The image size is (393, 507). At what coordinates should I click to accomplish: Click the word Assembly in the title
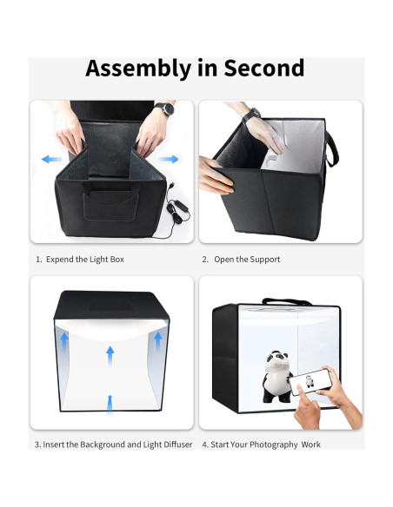138,69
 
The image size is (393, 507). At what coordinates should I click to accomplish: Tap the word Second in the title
263,68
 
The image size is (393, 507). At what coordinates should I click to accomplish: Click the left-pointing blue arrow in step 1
51,159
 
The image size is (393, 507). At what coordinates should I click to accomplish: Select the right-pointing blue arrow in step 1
169,159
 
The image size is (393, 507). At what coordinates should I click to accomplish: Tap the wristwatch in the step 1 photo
165,109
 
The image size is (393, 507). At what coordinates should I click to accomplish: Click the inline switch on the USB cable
180,206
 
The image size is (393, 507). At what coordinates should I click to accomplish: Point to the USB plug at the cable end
171,188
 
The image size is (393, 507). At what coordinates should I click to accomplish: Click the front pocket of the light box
111,204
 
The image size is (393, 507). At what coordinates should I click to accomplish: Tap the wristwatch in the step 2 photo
251,115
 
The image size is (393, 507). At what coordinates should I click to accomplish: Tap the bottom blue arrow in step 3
110,405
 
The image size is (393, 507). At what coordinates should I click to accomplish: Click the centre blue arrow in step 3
110,356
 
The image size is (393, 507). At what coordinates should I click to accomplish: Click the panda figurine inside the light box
277,377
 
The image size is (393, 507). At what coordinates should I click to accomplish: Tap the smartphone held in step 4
310,382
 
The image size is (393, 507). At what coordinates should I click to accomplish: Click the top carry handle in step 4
287,301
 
